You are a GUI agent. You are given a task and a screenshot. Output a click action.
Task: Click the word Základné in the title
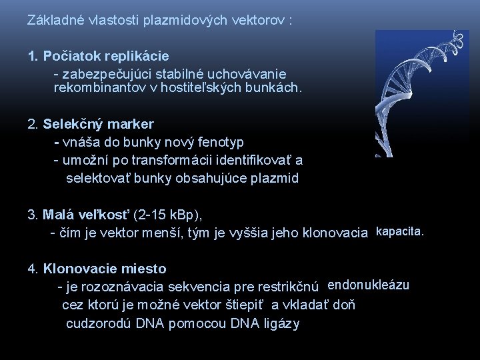point(52,21)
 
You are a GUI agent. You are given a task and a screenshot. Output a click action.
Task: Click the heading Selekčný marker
point(98,124)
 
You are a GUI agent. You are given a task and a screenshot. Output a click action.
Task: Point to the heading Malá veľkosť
point(87,215)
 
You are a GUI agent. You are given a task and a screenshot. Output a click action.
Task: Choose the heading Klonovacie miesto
point(105,269)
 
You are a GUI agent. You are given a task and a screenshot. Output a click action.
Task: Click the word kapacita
point(400,232)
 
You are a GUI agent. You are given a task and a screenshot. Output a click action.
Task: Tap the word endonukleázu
point(369,286)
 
